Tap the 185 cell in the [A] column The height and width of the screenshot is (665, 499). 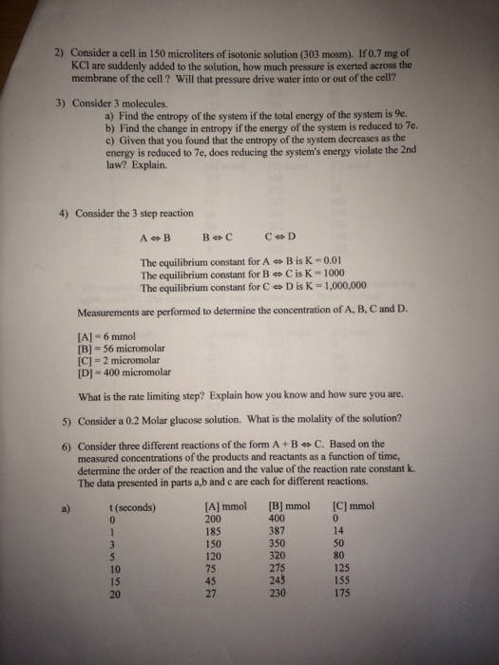pos(217,533)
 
